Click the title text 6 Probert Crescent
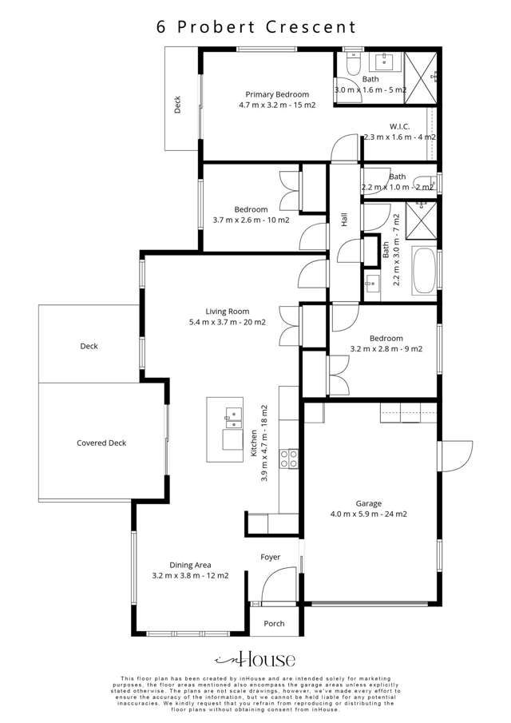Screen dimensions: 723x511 (x=255, y=26)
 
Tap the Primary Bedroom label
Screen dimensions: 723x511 (x=276, y=94)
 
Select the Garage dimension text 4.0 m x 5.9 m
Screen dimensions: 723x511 (x=369, y=514)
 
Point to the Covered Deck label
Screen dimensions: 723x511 (x=101, y=443)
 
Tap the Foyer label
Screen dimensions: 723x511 (x=270, y=557)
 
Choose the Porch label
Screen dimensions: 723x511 (x=274, y=623)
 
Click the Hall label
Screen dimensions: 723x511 (x=345, y=220)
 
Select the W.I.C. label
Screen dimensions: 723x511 (x=399, y=126)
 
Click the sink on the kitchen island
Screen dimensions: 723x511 (x=232, y=414)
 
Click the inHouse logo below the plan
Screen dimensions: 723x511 (x=255, y=659)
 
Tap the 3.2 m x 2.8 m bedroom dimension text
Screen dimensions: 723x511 (x=386, y=348)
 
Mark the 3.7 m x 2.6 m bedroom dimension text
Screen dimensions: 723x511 (x=251, y=220)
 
